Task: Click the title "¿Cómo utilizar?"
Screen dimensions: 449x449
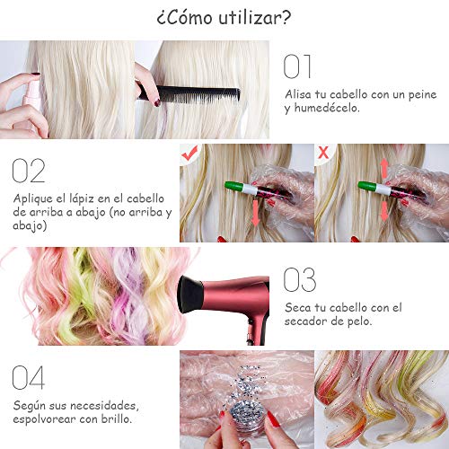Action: (x=224, y=18)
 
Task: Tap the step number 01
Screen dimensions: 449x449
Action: (x=297, y=66)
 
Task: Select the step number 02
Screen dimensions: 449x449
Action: (x=29, y=171)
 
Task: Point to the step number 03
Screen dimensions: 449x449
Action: (x=300, y=280)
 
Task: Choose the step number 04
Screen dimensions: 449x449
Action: (x=29, y=377)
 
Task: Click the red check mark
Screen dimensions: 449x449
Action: (x=189, y=153)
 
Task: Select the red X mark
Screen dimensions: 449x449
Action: (x=323, y=153)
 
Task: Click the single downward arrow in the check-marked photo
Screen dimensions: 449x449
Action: (x=255, y=213)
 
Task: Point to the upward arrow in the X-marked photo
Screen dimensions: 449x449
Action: (x=384, y=169)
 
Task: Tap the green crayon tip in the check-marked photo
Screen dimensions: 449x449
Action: (x=234, y=185)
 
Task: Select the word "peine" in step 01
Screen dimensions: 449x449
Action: (x=422, y=95)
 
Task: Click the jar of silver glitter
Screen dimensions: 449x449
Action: (x=244, y=416)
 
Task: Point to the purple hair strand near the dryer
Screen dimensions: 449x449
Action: (x=128, y=296)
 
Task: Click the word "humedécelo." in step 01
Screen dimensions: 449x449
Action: (x=327, y=108)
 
